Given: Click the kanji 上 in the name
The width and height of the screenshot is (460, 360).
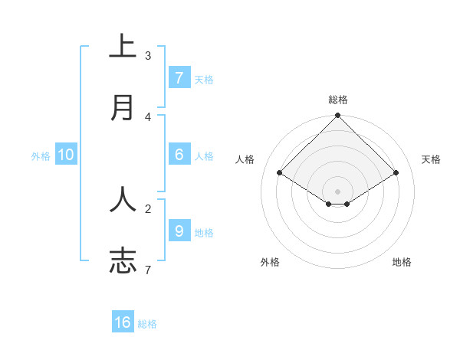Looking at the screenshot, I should [x=123, y=47].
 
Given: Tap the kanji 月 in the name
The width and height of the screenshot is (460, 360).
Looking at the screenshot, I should [x=123, y=108].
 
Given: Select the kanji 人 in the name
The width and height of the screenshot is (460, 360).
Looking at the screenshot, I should [x=123, y=199].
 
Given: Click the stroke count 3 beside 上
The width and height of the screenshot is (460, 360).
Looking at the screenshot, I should [x=148, y=56].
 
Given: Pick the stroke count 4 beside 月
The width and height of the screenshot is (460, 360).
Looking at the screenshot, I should [x=148, y=116].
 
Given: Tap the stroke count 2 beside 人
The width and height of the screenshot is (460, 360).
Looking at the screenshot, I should [x=148, y=208].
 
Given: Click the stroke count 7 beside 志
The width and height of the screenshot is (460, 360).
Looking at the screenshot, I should [x=148, y=269].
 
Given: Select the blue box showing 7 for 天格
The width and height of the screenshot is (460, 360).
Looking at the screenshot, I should [x=179, y=78].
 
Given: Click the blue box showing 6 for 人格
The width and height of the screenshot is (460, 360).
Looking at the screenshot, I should [x=179, y=155].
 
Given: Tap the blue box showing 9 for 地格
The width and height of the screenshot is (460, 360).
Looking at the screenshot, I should [x=179, y=231].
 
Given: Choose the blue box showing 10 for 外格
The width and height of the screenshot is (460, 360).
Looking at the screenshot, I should [x=66, y=155].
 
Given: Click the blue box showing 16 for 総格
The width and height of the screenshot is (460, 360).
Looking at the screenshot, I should [x=123, y=322].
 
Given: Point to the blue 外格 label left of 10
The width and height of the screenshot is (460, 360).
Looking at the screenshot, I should [x=41, y=155].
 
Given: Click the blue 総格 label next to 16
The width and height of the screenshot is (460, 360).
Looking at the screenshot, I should [x=147, y=324].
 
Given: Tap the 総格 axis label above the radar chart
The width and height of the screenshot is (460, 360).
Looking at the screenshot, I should [x=338, y=100].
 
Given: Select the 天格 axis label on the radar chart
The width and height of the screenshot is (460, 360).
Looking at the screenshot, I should [x=431, y=159].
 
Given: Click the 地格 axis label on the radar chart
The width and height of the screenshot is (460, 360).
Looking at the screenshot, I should [x=402, y=262].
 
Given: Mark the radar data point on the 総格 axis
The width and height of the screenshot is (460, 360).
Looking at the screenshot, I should [x=338, y=116].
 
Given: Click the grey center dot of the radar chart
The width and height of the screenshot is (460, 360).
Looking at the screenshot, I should [x=338, y=191].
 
